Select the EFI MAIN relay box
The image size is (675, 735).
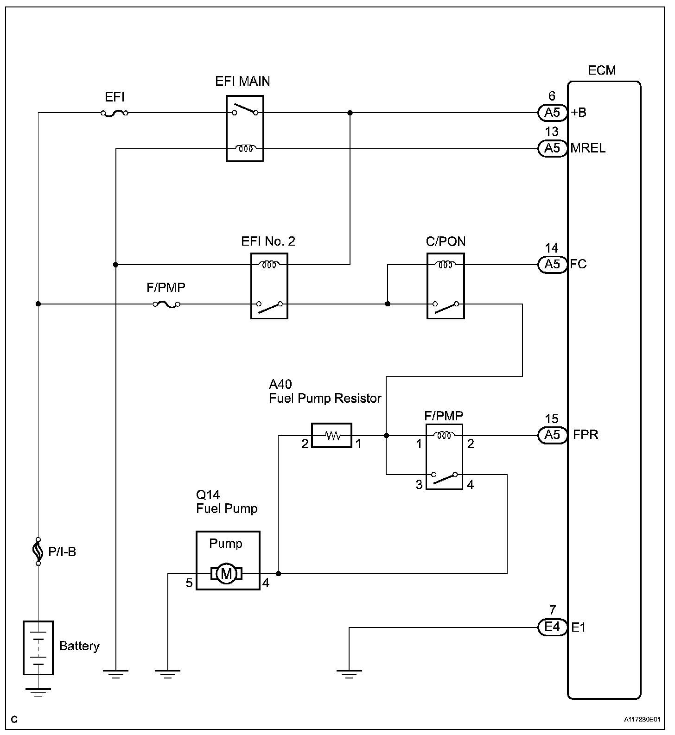(x=245, y=128)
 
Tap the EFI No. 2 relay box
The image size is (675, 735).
(x=269, y=286)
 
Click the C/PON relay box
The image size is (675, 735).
(x=446, y=286)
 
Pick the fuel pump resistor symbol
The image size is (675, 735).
(x=331, y=435)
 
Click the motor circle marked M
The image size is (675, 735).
(x=226, y=574)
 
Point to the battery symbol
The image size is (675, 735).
(x=38, y=648)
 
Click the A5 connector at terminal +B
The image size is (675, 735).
(x=552, y=113)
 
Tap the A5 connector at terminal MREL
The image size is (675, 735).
(x=552, y=148)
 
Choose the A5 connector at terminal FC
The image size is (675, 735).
(x=552, y=264)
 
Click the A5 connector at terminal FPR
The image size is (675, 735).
(x=552, y=435)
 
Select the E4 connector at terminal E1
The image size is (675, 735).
(x=552, y=627)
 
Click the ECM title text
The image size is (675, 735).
(x=602, y=70)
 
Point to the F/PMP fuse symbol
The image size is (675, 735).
(x=166, y=304)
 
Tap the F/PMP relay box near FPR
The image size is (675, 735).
(x=444, y=456)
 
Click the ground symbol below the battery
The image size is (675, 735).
(x=38, y=692)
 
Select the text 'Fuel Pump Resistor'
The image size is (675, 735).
(x=325, y=399)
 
